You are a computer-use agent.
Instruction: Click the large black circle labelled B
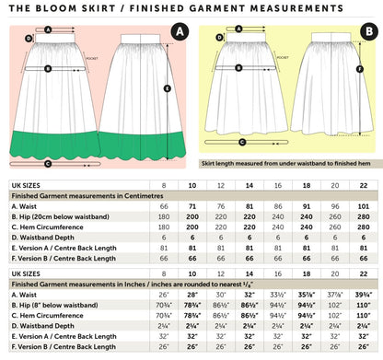tap(367, 34)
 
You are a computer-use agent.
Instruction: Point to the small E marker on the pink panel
tap(167, 88)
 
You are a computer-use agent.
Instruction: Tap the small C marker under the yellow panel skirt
tap(241, 141)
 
